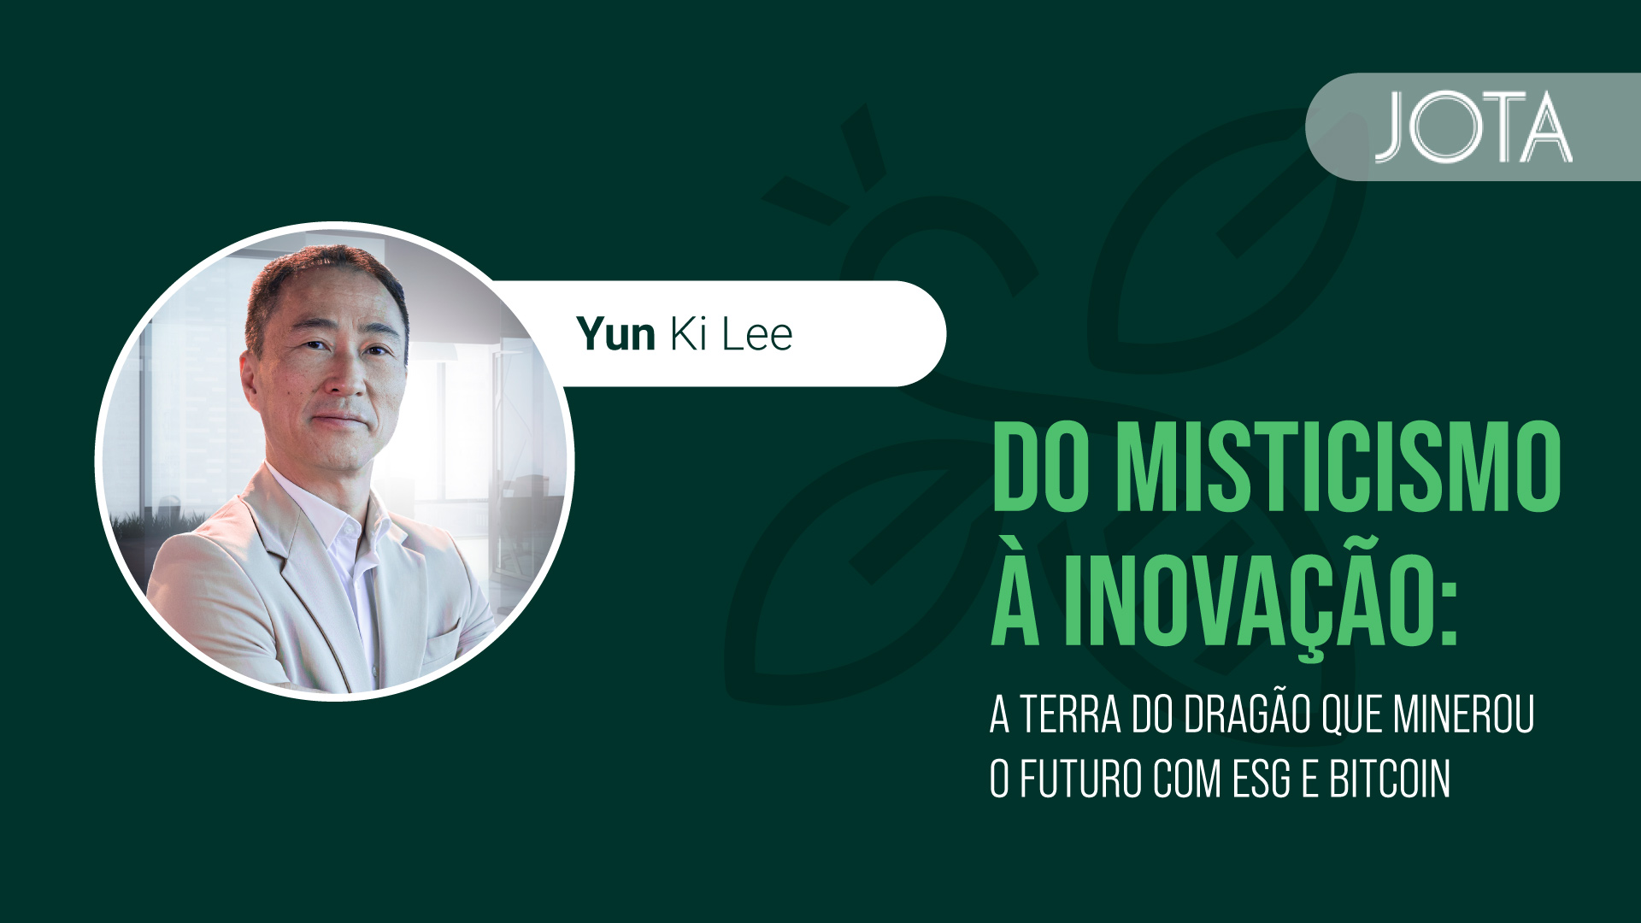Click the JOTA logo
pyautogui.click(x=1473, y=126)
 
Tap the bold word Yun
pyautogui.click(x=615, y=333)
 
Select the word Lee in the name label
pyautogui.click(x=757, y=333)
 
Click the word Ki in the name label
pyautogui.click(x=689, y=333)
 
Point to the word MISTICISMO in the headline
pyautogui.click(x=1339, y=468)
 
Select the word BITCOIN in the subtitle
pyautogui.click(x=1390, y=779)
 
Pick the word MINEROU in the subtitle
pyautogui.click(x=1463, y=714)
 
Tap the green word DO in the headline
pyautogui.click(x=1044, y=468)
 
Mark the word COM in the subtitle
pyautogui.click(x=1186, y=779)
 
